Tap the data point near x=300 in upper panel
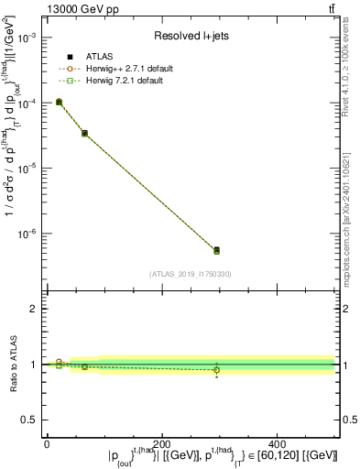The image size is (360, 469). click(x=216, y=250)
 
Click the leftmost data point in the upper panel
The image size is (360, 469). click(x=59, y=103)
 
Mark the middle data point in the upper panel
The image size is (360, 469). click(x=84, y=134)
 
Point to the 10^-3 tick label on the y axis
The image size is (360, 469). click(x=29, y=38)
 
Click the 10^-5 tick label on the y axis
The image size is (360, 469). click(x=29, y=169)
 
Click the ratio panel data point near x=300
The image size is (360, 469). click(x=216, y=369)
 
